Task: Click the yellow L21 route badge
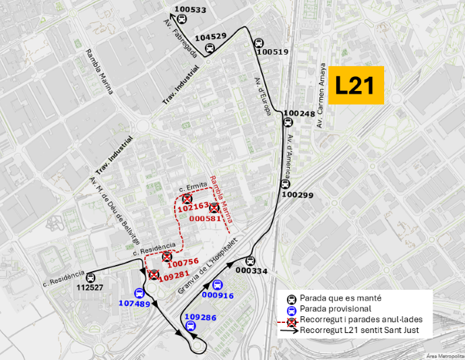coord(354,85)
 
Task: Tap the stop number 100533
coord(190,9)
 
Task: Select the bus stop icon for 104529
coord(210,48)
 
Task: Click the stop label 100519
coord(272,52)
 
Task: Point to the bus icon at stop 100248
coord(288,123)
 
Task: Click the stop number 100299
coord(297,195)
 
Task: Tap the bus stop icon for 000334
coord(250,261)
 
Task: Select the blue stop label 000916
coord(217,295)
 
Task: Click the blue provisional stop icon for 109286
coord(191,327)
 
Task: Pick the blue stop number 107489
coord(135,303)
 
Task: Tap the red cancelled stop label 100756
coord(182,262)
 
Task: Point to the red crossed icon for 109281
coord(154,274)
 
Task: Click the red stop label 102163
coord(193,208)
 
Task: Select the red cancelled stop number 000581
coord(206,218)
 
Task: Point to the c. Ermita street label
coord(193,185)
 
